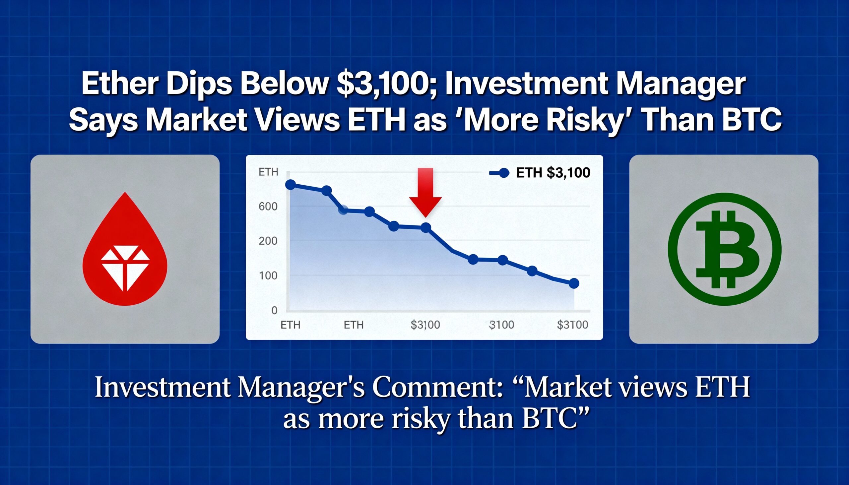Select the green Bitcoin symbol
(724, 249)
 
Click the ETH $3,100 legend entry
(540, 172)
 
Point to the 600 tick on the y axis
(268, 207)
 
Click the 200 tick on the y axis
(268, 241)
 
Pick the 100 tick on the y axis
(268, 276)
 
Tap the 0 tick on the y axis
(274, 310)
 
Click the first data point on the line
(291, 185)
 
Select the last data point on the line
(573, 283)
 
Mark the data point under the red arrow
(426, 227)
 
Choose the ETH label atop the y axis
(268, 172)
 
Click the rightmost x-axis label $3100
(572, 325)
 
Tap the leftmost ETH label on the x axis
(290, 325)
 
